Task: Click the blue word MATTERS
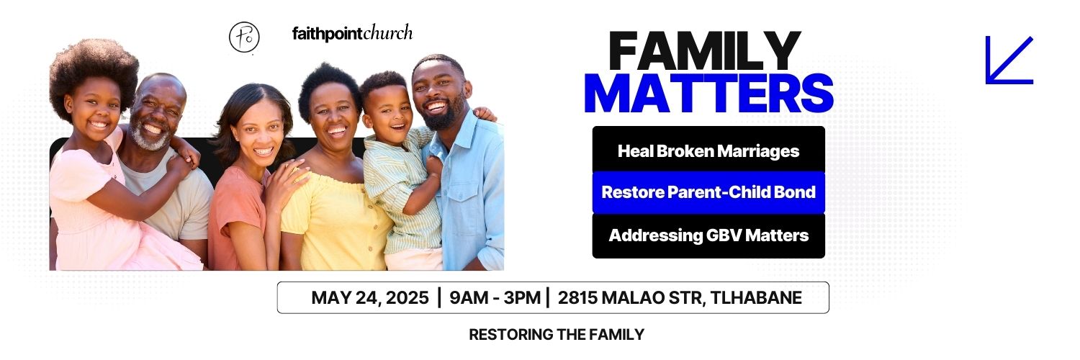click(708, 93)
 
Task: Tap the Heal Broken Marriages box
click(708, 151)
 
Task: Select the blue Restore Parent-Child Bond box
click(708, 193)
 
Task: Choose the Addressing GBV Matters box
click(708, 235)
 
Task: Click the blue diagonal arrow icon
click(1009, 60)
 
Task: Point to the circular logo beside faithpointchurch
click(244, 37)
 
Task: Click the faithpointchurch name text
click(352, 33)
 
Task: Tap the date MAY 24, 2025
click(369, 298)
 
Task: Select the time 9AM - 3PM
click(494, 298)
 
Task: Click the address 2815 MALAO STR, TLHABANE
click(679, 298)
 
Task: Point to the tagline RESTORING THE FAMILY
click(556, 335)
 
